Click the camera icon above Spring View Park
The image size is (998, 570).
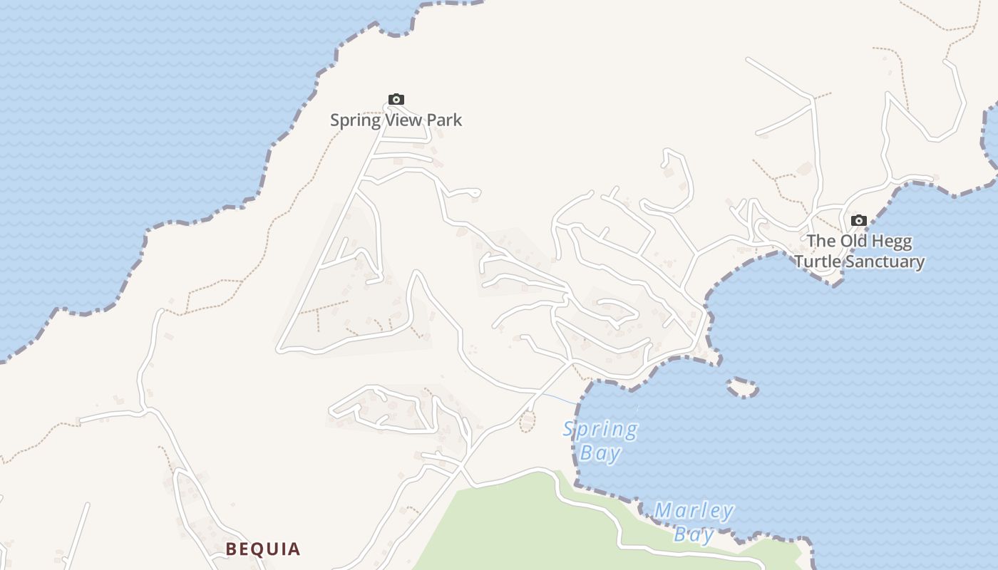[396, 99]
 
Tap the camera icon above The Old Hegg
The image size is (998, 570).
[859, 220]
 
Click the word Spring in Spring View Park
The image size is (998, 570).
[355, 120]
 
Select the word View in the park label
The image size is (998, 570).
[404, 120]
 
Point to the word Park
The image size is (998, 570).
[446, 120]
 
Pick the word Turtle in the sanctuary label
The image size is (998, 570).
[817, 261]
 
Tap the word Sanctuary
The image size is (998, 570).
[884, 261]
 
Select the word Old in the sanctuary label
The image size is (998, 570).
[853, 241]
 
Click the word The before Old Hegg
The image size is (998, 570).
[820, 241]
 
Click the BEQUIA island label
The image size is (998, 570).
[263, 549]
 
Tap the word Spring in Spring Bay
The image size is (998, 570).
[600, 430]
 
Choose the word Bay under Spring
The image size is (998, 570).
[600, 452]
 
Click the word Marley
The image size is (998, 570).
[694, 511]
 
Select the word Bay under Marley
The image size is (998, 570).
[694, 534]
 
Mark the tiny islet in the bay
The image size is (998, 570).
[742, 387]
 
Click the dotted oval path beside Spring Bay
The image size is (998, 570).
[527, 422]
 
